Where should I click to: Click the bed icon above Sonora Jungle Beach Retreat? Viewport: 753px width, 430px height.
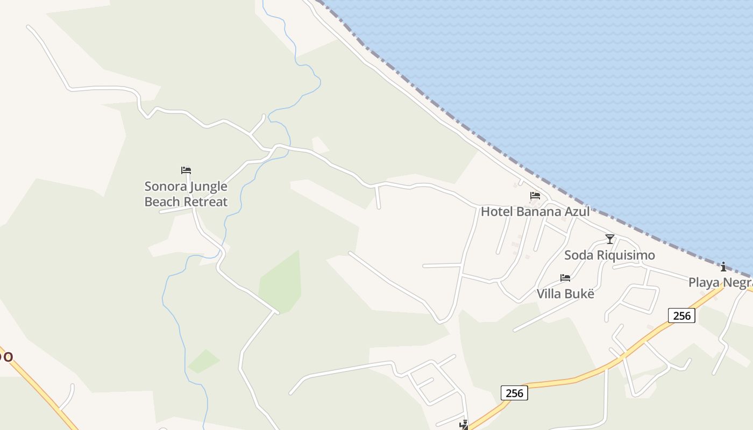point(186,170)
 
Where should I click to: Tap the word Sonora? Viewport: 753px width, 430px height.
point(164,187)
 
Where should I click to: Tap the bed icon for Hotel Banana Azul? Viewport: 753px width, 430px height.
point(535,196)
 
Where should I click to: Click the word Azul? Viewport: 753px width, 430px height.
point(576,211)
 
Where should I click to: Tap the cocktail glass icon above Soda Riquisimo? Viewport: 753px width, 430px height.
point(609,239)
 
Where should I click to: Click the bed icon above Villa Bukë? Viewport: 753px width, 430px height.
point(565,278)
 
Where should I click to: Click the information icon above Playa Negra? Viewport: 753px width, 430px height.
point(723,267)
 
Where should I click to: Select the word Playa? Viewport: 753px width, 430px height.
point(704,282)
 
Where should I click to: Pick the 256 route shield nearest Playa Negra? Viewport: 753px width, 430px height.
point(681,316)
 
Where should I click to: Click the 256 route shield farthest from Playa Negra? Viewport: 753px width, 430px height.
point(514,393)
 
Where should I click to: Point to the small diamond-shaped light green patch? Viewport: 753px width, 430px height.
point(204,361)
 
